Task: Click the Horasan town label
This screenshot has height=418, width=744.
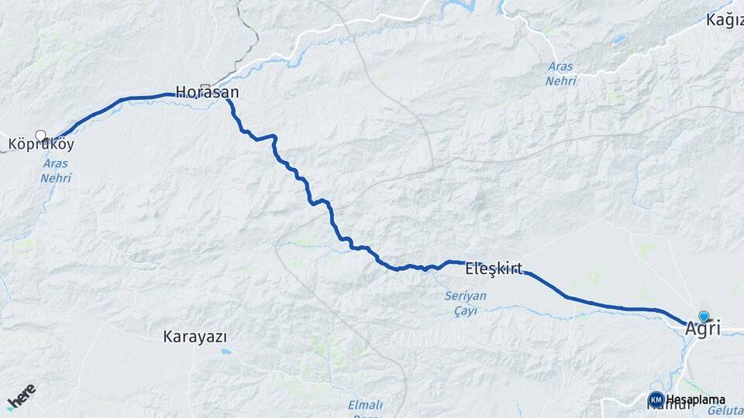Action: [x=207, y=93]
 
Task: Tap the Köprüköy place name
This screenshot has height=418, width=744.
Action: [x=41, y=144]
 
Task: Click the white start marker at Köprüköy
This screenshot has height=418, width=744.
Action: [x=41, y=135]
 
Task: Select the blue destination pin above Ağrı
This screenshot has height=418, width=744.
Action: [x=704, y=316]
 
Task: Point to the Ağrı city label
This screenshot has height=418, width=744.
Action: [x=702, y=328]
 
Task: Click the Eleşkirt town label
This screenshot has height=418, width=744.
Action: [x=494, y=270]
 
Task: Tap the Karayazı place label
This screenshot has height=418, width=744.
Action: [x=195, y=337]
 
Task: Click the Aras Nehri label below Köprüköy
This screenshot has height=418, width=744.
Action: [x=57, y=171]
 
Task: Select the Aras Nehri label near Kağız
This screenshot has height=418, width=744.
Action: [x=560, y=74]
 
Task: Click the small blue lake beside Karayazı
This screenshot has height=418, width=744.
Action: [x=226, y=351]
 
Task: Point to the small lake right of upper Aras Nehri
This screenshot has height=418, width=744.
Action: [x=618, y=39]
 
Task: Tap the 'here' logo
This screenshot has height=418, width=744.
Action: [x=21, y=397]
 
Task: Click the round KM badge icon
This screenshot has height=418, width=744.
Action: [x=656, y=399]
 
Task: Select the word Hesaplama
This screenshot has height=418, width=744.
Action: [x=696, y=400]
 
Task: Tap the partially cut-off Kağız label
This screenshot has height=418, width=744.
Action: [x=725, y=20]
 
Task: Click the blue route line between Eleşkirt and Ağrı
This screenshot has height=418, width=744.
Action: [x=604, y=305]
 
